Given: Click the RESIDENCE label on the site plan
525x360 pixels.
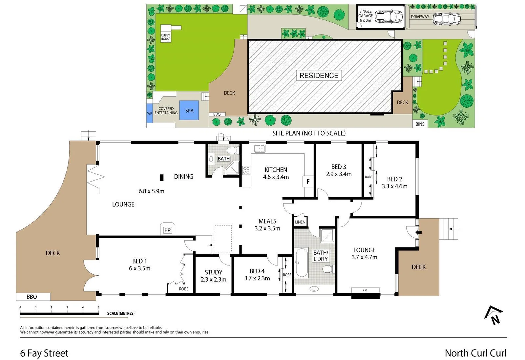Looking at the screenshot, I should point(319,76).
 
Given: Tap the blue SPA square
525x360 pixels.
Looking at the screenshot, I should point(189,111).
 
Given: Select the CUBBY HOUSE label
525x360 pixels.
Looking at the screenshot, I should point(166,37).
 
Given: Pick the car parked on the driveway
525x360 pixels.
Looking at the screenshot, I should point(447,19).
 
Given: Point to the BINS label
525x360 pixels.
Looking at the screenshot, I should point(420,124).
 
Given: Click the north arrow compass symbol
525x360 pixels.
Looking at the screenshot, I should point(494,316).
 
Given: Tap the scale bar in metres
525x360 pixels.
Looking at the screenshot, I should point(59,313).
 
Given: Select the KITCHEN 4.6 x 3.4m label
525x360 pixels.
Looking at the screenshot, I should point(276,173).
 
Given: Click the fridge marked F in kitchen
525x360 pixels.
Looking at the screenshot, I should point(308,182).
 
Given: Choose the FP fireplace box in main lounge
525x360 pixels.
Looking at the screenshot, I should point(167,230).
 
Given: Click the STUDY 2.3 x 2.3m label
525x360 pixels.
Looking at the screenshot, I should point(213,276).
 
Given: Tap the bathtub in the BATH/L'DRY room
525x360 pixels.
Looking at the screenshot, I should point(302,263).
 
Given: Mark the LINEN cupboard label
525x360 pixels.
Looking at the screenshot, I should point(300,222).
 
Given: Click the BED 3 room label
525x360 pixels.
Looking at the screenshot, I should point(339,170).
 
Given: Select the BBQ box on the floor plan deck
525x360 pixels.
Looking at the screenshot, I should point(32,297).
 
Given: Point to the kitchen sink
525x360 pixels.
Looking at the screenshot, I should point(260,149).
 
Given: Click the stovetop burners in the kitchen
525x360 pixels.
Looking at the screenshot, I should point(246,170).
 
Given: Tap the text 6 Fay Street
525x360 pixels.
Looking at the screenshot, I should point(44,353).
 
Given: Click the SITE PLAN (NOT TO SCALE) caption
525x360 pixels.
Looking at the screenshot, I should point(309,133).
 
